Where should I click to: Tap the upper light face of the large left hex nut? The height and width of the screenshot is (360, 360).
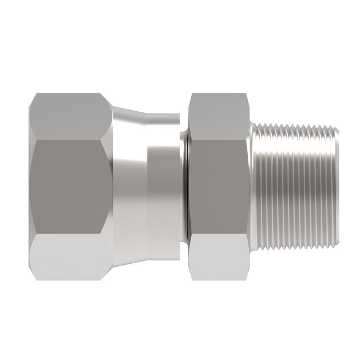(69, 115)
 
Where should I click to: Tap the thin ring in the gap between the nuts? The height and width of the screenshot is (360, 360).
(184, 184)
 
